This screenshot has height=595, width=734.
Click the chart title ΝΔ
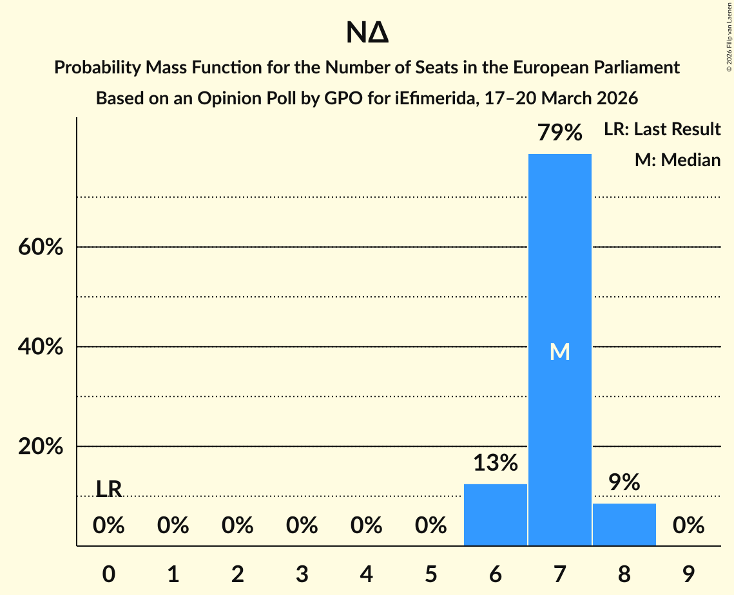367,33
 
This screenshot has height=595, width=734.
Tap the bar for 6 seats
495,515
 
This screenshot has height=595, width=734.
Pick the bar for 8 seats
624,524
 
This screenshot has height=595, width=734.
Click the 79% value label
560,133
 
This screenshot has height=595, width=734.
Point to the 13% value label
495,463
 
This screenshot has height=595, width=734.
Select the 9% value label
624,482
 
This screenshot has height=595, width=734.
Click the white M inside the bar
559,352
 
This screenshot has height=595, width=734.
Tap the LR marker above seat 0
108,489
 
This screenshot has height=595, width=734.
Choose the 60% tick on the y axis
41,247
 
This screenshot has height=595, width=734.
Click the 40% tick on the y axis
41,347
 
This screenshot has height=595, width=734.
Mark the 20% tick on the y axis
41,446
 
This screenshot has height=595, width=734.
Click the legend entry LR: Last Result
662,129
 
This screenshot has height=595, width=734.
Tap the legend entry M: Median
677,160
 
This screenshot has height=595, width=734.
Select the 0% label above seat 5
430,525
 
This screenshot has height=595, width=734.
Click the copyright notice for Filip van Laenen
729,39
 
